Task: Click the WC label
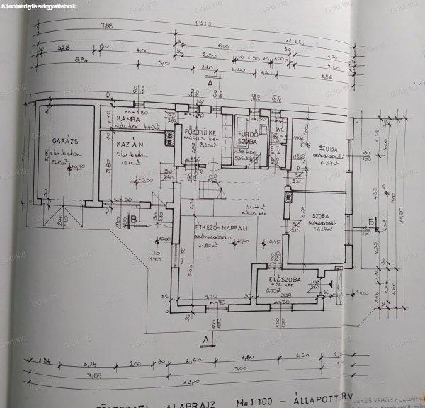coord(280,131)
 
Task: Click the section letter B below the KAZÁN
coord(134,220)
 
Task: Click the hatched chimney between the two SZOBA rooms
coord(288,196)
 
